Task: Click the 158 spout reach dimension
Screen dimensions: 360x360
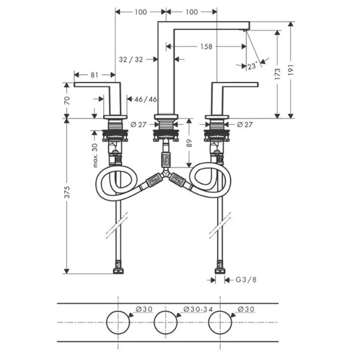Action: pos(206,47)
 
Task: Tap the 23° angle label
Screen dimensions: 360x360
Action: pos(252,66)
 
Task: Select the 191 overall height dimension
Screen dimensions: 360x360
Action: pos(290,70)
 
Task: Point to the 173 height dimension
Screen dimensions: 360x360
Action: pos(277,74)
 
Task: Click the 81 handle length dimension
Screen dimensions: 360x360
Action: pos(94,75)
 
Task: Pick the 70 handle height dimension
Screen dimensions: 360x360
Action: pos(67,101)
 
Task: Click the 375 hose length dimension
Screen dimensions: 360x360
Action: pos(67,193)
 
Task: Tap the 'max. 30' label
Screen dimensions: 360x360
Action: pos(95,155)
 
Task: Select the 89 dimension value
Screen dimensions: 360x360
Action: pos(189,143)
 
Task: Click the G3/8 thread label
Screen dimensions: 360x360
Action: pos(246,280)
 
